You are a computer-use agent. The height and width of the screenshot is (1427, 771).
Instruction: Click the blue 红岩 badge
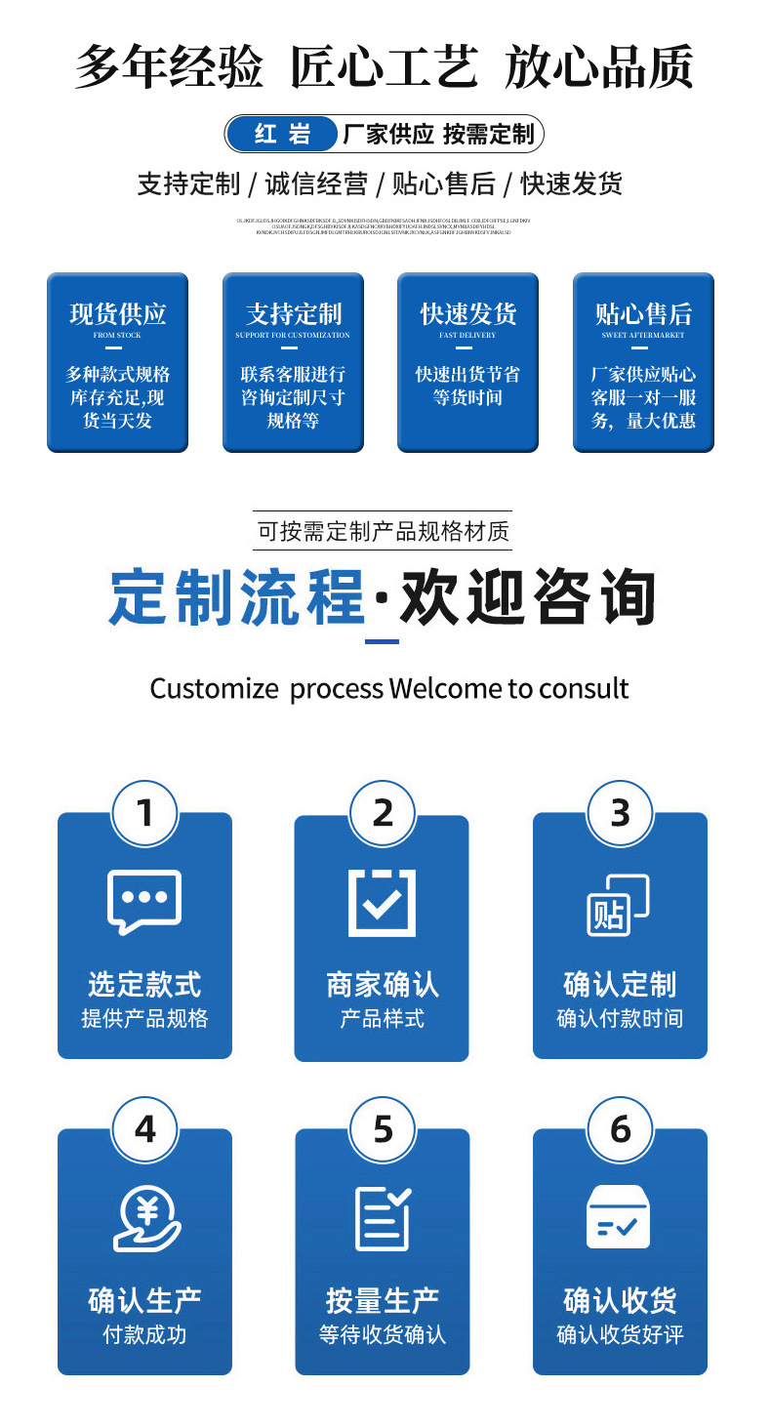(x=283, y=134)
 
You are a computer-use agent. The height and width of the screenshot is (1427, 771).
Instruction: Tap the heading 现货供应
(x=118, y=313)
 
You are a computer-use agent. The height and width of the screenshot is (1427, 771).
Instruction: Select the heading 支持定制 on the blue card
(x=294, y=313)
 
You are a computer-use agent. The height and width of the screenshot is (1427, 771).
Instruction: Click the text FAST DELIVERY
(x=467, y=336)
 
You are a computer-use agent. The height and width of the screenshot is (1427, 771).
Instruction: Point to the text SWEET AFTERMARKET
(x=643, y=336)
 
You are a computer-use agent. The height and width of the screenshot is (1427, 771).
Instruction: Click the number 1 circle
(x=145, y=813)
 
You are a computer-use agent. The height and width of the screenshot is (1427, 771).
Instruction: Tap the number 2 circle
(x=383, y=813)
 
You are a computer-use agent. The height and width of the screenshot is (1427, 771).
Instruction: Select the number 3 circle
(x=620, y=813)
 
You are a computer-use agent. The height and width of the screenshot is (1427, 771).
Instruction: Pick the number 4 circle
(x=145, y=1129)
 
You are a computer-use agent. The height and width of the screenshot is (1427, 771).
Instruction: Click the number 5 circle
(x=383, y=1129)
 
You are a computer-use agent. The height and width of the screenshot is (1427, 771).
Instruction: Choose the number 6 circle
(x=620, y=1129)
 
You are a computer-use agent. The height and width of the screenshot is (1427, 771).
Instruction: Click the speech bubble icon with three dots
(x=144, y=901)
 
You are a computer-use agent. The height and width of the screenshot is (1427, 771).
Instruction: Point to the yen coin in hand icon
(x=146, y=1218)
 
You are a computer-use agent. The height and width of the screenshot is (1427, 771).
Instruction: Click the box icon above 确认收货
(x=619, y=1217)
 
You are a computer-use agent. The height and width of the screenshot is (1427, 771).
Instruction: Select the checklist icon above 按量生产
(x=383, y=1218)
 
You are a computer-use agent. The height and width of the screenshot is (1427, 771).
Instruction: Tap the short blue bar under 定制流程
(x=382, y=641)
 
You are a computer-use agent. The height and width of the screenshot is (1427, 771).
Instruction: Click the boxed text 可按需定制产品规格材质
(x=383, y=532)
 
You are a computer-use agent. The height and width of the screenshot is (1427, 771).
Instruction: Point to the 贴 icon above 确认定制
(x=618, y=904)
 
